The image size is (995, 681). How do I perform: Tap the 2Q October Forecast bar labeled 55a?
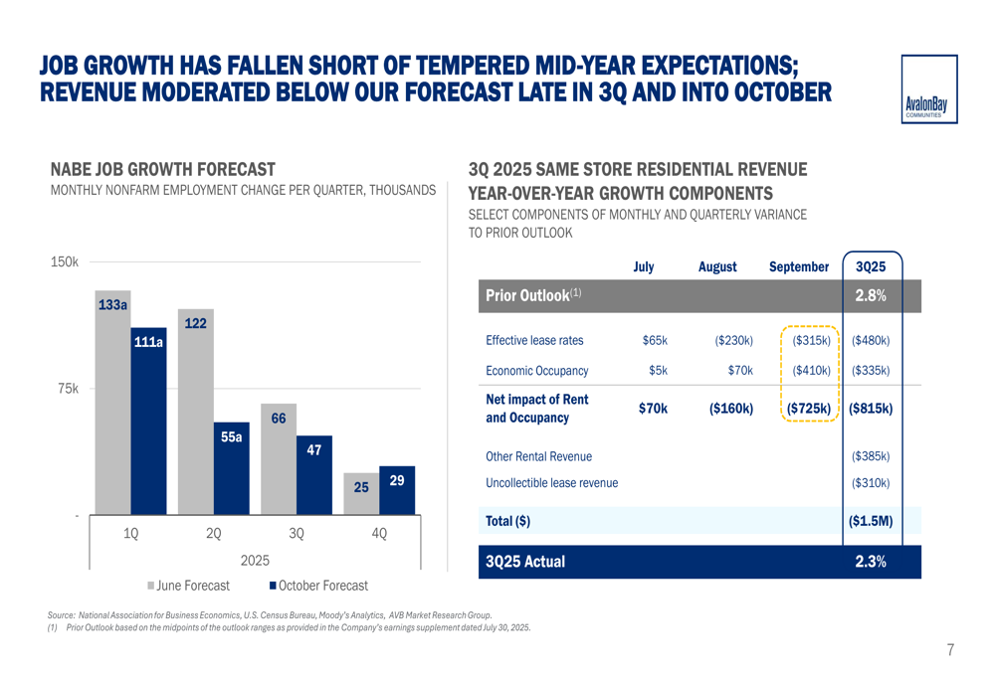(231, 472)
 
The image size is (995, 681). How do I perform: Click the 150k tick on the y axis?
(64, 261)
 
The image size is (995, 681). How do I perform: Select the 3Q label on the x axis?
(297, 534)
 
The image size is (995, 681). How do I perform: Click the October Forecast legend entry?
(318, 586)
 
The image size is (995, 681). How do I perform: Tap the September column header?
(799, 267)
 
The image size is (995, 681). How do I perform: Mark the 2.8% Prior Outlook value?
(871, 295)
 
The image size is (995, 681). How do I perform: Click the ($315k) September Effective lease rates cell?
(812, 340)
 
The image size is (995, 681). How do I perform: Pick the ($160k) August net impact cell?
(731, 408)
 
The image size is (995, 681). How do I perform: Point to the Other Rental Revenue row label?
(538, 456)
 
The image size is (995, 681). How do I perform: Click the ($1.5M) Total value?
(871, 520)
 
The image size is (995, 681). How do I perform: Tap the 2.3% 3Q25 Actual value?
(871, 562)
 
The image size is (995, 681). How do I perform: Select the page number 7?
(950, 650)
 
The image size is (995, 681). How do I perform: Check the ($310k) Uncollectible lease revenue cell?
(871, 483)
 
